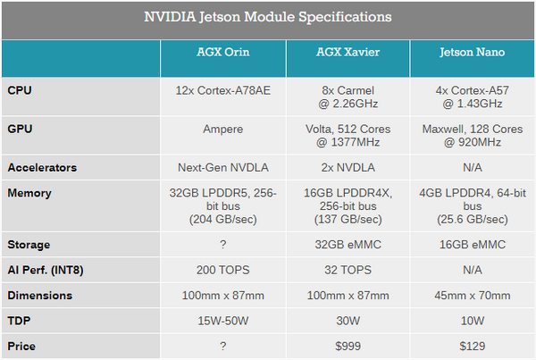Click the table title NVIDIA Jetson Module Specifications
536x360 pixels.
[x=267, y=18]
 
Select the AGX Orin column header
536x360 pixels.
[x=222, y=53]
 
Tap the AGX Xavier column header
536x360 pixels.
[x=348, y=53]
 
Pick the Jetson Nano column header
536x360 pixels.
[x=471, y=53]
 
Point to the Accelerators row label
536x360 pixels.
[x=41, y=167]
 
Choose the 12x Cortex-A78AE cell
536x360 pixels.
[x=222, y=90]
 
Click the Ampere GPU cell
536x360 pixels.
[x=222, y=130]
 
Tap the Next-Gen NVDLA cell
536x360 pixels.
[x=222, y=167]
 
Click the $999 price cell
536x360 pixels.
[x=348, y=346]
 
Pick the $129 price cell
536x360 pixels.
[x=471, y=346]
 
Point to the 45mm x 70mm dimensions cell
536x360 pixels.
[x=471, y=296]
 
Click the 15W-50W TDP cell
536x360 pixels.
[x=222, y=321]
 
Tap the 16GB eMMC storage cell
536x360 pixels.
[x=471, y=245]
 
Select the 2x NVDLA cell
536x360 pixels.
[x=348, y=167]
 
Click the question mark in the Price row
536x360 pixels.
[x=222, y=346]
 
